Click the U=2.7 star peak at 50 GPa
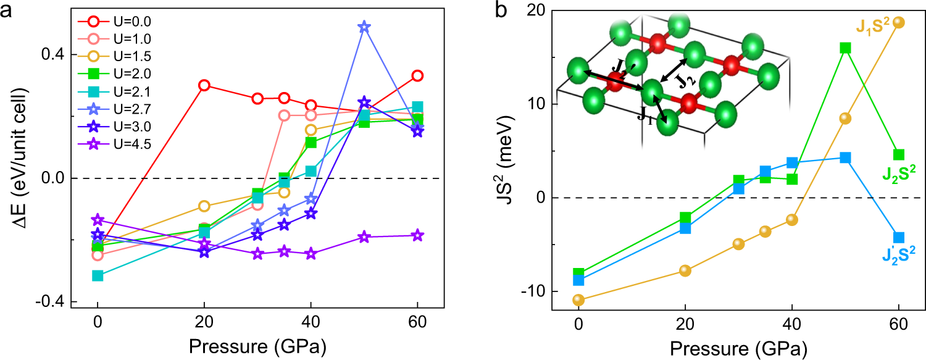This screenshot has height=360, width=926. coord(364,27)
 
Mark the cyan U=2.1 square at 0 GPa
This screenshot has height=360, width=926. coord(98,275)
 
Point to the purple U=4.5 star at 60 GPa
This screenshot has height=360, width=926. coord(417,235)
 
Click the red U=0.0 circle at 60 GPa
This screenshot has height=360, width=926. coord(417,76)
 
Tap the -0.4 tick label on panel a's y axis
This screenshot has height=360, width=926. coord(49,302)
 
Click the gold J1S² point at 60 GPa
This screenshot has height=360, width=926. coord(899,22)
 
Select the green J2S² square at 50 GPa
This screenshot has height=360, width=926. coord(846,48)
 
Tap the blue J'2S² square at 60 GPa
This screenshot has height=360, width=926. coord(899,237)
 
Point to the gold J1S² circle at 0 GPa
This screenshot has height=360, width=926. coord(578,300)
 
